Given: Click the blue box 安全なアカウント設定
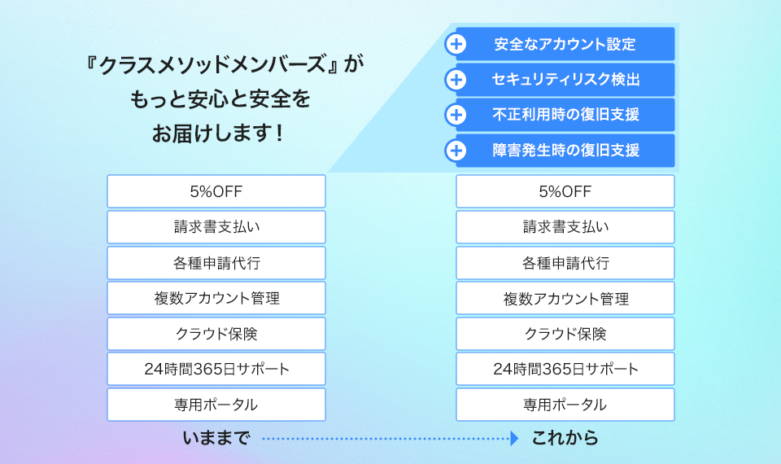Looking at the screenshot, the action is (565, 44).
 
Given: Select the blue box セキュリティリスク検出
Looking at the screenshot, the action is (565, 80).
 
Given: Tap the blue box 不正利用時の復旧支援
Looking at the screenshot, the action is (565, 115).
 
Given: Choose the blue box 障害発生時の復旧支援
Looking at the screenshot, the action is (565, 151).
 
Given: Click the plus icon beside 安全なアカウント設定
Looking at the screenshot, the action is (456, 44).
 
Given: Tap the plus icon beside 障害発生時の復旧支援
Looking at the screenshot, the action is (456, 151).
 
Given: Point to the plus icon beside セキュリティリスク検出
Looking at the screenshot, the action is (456, 80).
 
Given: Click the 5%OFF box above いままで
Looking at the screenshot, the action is (216, 191).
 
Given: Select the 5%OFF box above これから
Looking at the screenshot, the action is (565, 191).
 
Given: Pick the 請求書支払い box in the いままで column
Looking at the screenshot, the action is (216, 227).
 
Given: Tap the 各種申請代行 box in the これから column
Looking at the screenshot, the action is (565, 263).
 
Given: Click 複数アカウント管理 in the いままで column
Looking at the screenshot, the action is (216, 298).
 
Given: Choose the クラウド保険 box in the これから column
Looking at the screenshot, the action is (565, 334).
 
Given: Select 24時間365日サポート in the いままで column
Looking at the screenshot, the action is (216, 370).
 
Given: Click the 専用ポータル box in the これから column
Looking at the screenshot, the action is (565, 405).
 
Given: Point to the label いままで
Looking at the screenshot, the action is (216, 439).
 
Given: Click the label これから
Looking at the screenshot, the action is (565, 439).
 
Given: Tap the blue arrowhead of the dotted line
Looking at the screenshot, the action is (514, 439).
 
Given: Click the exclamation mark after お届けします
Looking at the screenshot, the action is (279, 133).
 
